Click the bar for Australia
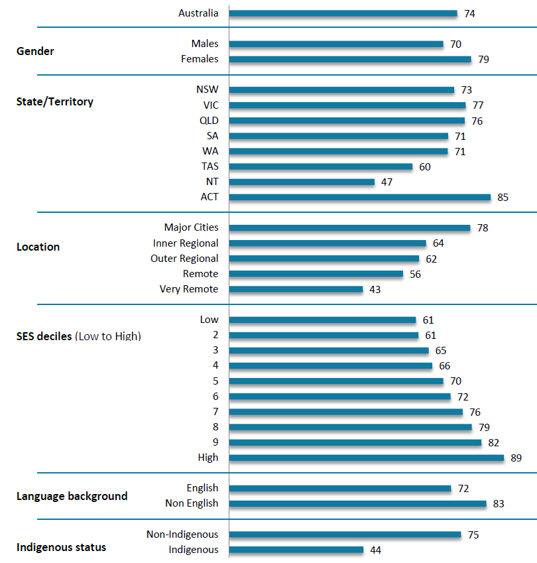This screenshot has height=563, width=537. pos(343,13)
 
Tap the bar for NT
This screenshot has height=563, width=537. pos(302,182)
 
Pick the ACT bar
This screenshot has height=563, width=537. pos(359,197)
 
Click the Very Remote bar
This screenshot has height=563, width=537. pos(296,289)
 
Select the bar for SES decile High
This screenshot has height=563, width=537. pos(366,458)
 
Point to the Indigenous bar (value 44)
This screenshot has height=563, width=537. pos(296,550)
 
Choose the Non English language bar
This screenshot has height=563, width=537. pos(357,503)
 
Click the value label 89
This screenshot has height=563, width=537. pos(517,458)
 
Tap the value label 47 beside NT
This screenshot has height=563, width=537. pos(387,182)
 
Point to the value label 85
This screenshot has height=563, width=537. pos(503,197)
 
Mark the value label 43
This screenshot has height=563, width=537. pos(375,289)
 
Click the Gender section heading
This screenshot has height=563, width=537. pos(35,52)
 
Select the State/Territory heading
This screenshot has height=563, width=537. pos(54,102)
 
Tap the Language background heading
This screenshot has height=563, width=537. pos(72,496)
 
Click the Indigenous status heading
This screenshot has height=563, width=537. pos(61,548)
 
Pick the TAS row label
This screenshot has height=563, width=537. pos(209,166)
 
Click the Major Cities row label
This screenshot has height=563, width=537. pos(191,227)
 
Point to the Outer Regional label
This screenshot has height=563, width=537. pos(184,259)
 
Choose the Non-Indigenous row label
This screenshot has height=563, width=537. pos(182,534)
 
